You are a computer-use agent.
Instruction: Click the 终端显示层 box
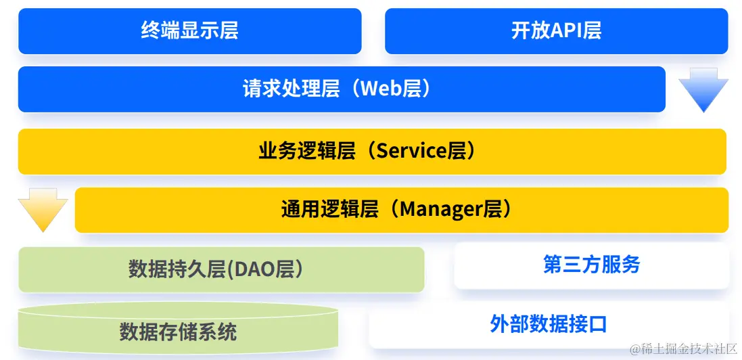(189, 31)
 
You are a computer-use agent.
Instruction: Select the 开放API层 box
(556, 31)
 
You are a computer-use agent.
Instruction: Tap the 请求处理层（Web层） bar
(342, 89)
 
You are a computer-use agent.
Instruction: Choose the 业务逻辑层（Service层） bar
(372, 151)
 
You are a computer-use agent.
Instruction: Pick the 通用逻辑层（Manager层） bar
(401, 210)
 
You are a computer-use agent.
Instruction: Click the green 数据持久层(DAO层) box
(221, 269)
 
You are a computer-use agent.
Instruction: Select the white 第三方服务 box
(591, 265)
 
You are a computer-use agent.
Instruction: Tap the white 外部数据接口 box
(549, 324)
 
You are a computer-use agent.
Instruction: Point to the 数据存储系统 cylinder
(178, 332)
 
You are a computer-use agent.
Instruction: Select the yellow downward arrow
(43, 209)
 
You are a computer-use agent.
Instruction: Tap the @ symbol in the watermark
(634, 349)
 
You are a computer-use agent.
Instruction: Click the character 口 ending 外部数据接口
(598, 324)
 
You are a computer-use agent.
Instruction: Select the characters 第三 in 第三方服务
(559, 265)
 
